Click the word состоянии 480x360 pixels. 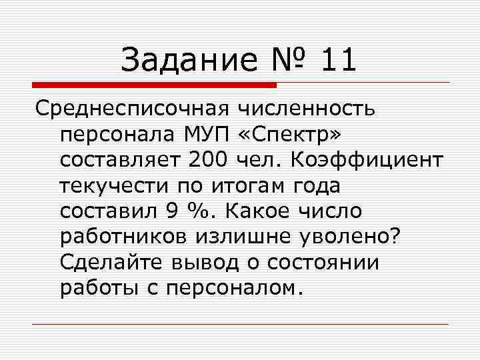tap(323, 262)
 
